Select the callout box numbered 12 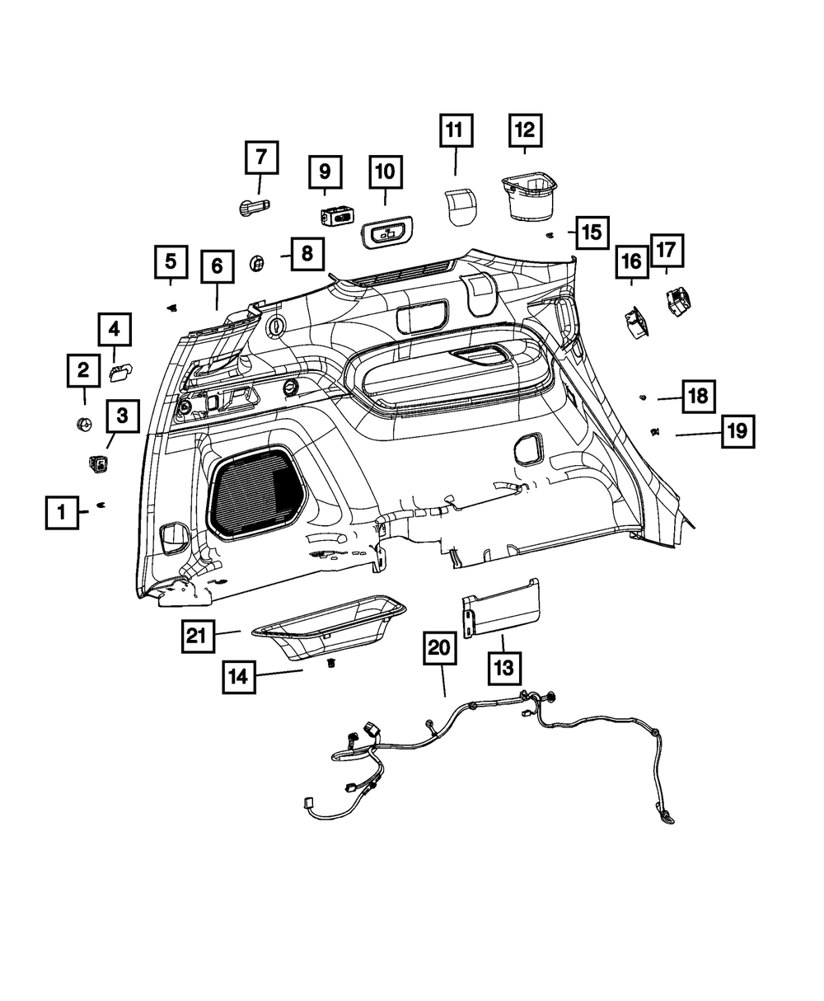[525, 130]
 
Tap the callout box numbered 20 [440, 649]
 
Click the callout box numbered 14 [237, 677]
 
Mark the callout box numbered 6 [217, 266]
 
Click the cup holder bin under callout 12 [528, 195]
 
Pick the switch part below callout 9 [336, 216]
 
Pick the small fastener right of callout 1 [102, 505]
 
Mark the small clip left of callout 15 [550, 235]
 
